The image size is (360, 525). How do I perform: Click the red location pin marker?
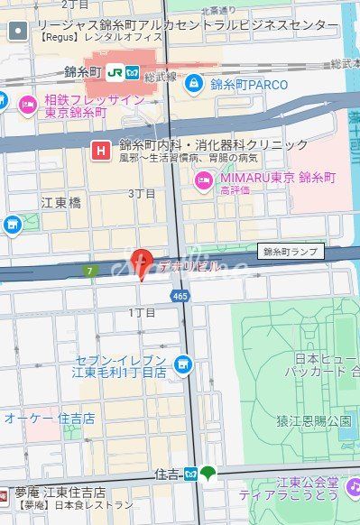coord(139,262)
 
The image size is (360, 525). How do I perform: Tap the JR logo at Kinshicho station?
coord(115,69)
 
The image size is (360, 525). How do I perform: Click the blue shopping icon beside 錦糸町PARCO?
coord(193,84)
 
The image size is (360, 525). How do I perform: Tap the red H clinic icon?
coord(102,150)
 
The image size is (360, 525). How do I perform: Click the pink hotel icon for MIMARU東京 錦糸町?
coord(205,180)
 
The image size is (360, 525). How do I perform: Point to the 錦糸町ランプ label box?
coord(292,252)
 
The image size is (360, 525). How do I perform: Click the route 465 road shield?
coord(179,295)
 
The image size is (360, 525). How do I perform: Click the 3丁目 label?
coord(142,193)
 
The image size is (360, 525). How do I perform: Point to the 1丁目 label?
coord(142,312)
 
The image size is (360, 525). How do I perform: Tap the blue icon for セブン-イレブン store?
coord(183,364)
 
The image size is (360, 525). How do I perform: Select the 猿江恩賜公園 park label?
coord(313,420)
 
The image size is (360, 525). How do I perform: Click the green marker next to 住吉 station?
coord(208,473)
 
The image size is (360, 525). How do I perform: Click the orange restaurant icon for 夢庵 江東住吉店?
coord(6,493)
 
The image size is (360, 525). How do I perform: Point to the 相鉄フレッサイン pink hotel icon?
coord(27,105)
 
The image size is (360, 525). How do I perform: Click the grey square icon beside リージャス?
coord(17,32)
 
